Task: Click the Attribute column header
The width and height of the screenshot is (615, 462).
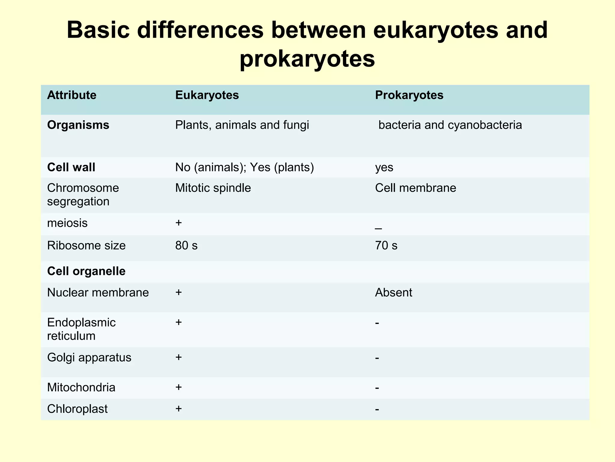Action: click(72, 95)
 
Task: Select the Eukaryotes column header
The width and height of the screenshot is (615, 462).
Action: click(207, 95)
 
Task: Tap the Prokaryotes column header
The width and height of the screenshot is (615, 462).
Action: click(409, 95)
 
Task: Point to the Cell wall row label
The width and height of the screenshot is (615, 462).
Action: click(71, 167)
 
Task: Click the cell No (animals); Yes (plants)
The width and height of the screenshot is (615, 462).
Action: click(244, 167)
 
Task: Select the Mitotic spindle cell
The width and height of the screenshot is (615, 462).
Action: click(213, 188)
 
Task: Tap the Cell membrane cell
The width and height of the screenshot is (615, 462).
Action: click(416, 188)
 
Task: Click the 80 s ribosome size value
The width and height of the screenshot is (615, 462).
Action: click(186, 246)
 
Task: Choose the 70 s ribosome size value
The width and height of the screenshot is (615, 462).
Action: click(386, 246)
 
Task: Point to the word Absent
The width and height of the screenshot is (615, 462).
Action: click(394, 293)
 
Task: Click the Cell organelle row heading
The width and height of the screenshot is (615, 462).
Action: click(86, 271)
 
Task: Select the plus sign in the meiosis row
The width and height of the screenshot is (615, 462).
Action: click(178, 223)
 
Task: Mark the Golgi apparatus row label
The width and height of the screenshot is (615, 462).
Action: click(89, 358)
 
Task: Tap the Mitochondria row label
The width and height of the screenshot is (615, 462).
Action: click(81, 387)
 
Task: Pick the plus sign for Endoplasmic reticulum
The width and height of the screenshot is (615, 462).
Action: click(178, 322)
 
